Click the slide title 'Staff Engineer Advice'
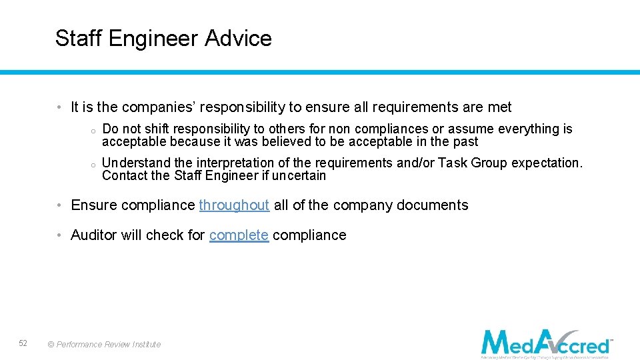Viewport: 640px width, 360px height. [x=163, y=39]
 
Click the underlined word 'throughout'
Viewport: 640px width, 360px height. [x=234, y=205]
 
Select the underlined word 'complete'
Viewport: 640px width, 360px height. [x=239, y=235]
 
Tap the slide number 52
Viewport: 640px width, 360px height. [x=23, y=343]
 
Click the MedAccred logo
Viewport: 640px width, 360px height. [x=546, y=343]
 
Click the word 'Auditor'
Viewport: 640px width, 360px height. [x=93, y=235]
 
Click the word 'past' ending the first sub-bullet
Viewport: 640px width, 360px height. [x=465, y=141]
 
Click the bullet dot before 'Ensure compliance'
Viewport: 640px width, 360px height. [x=59, y=205]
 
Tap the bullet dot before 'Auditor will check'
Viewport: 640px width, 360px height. [x=59, y=235]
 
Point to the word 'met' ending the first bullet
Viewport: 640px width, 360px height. [x=499, y=107]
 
